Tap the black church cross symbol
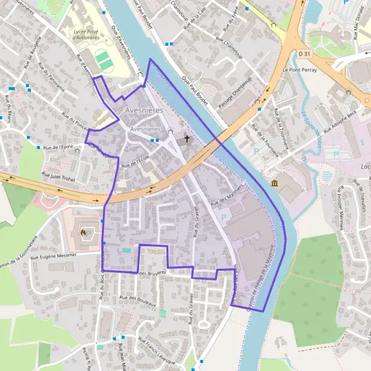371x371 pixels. coord(186,139)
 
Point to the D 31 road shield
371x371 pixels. coord(304,54)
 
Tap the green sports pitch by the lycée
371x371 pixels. coord(104,60)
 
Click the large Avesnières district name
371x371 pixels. coord(143,110)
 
